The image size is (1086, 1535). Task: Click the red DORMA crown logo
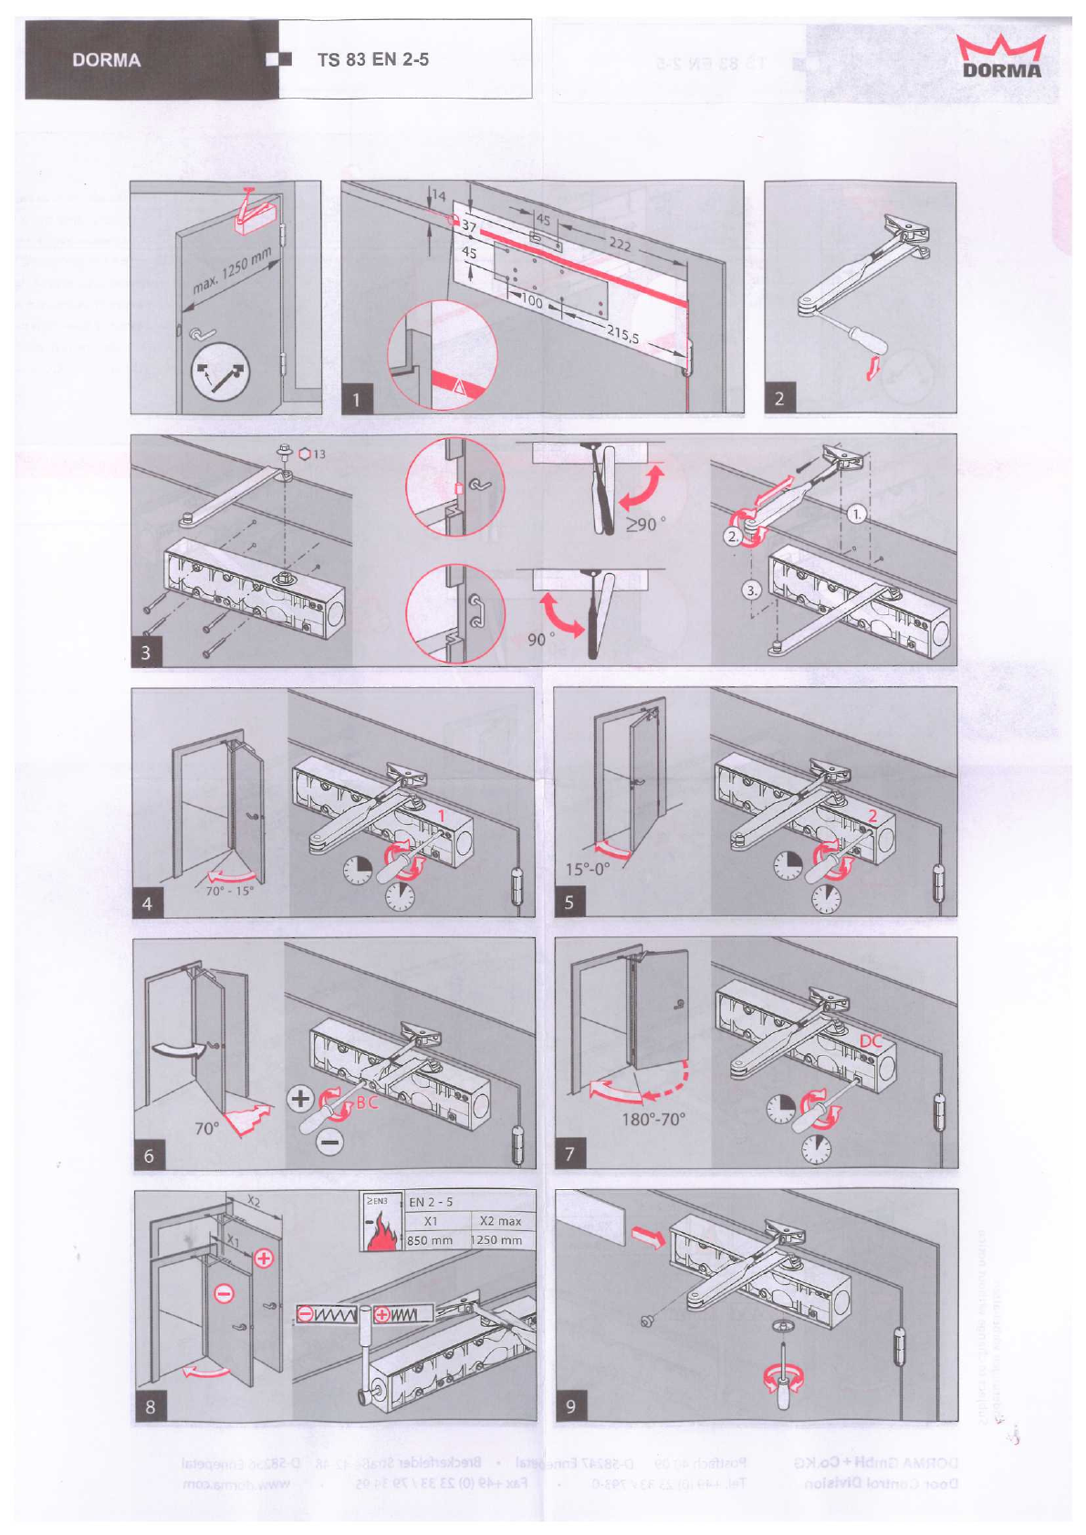coord(1001,57)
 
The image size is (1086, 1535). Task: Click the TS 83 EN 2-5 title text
coord(372,60)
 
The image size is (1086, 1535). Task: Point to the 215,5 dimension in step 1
coord(622,334)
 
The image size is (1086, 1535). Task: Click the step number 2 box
coord(778,398)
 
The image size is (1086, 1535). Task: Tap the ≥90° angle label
coord(645,524)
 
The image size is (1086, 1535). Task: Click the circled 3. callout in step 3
coord(750,590)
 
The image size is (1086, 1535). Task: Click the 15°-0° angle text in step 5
coord(586,869)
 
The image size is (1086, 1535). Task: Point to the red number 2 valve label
coord(872,816)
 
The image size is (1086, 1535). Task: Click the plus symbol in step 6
coord(299,1098)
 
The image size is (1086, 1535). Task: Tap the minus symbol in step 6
coord(330,1141)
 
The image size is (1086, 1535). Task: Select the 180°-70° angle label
coord(653,1119)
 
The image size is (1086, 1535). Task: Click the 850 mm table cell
coord(430,1240)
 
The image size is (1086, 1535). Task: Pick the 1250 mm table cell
coord(497,1240)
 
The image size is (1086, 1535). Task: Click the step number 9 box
coord(570,1406)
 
